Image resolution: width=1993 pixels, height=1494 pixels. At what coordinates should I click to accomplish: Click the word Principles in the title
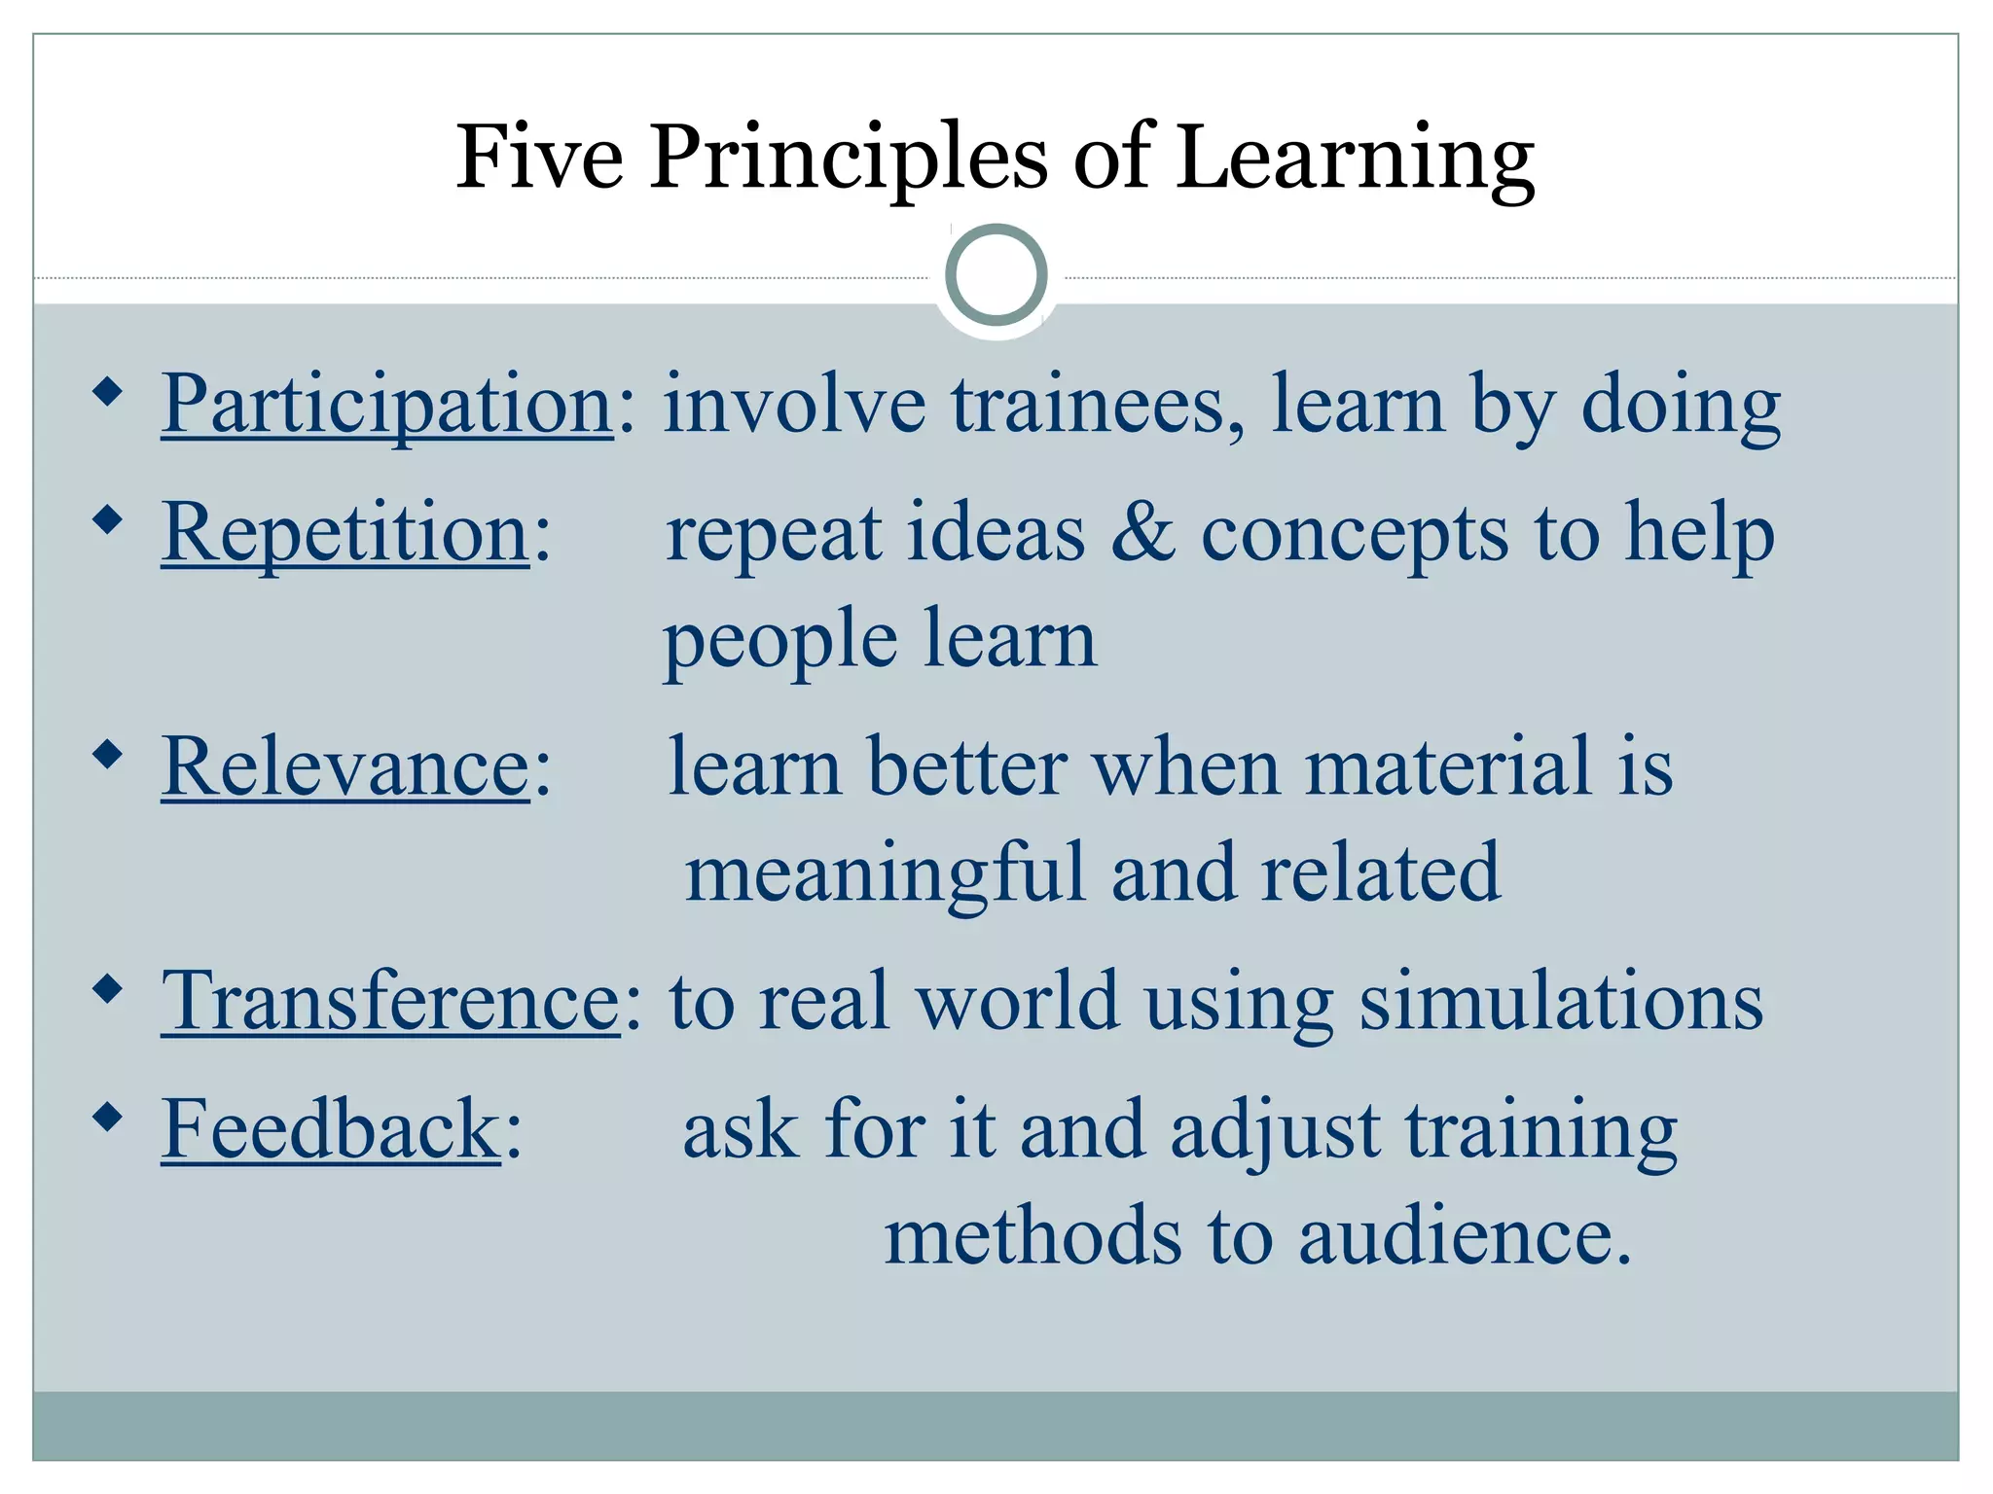point(849,158)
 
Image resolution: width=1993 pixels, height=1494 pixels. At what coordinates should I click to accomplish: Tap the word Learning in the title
point(1355,158)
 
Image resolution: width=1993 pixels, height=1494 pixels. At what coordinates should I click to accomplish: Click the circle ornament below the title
point(996,275)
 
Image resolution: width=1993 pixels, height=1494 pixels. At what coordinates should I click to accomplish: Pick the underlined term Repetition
point(345,532)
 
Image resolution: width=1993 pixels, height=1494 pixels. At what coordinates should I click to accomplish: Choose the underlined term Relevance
point(345,767)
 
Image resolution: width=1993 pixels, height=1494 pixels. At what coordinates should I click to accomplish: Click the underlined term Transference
point(390,1001)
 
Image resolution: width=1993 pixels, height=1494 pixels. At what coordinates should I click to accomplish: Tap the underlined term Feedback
point(331,1129)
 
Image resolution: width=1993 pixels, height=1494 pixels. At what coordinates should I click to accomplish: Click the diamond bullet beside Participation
point(108,393)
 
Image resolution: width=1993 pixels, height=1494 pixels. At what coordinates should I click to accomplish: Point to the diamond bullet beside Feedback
point(108,1116)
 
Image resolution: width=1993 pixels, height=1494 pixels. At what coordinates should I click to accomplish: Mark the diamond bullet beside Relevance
point(108,754)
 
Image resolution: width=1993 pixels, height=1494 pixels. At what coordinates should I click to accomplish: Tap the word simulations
point(1560,1001)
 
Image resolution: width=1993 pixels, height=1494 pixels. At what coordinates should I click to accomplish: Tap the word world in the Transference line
point(1017,1001)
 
